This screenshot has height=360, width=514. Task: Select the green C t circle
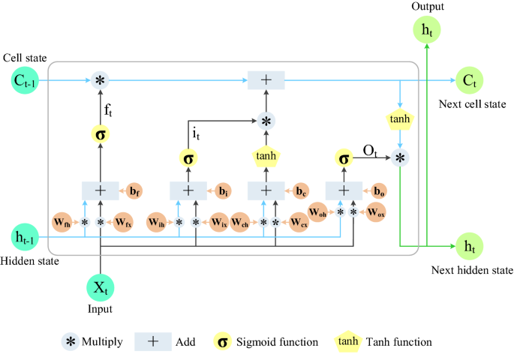click(470, 79)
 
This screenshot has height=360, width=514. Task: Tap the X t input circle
click(100, 288)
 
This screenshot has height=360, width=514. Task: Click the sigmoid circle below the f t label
click(100, 135)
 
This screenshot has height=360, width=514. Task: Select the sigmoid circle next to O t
click(344, 158)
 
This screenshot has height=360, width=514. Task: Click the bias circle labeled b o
click(380, 190)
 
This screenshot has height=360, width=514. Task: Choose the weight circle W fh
click(62, 222)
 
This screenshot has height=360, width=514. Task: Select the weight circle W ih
click(157, 222)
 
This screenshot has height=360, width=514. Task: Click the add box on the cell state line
click(266, 79)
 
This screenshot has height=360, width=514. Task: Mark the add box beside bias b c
click(266, 190)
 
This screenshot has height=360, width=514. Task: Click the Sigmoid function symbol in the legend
click(222, 342)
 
